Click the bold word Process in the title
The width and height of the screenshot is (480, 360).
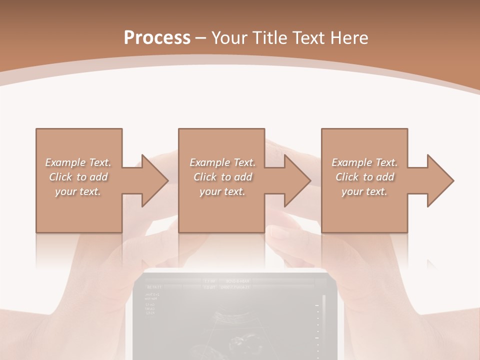coord(157,38)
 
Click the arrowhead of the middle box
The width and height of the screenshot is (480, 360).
coord(297,180)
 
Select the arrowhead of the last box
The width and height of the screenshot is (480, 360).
coord(440,180)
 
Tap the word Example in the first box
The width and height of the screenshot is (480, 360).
coord(65,162)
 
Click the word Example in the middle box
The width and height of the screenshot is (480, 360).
coord(210,162)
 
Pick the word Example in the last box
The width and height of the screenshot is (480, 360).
coord(352,162)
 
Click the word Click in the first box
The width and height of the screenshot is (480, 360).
coord(60,177)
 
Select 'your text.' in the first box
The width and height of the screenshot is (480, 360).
coord(78,191)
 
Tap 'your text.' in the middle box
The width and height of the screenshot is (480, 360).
coord(222,191)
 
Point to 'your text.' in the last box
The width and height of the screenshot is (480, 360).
coord(364,191)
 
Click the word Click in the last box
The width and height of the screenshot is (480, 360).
coord(347,177)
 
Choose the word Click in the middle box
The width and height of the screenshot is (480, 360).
coord(205,177)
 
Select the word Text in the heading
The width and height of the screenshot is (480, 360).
coord(307,38)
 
